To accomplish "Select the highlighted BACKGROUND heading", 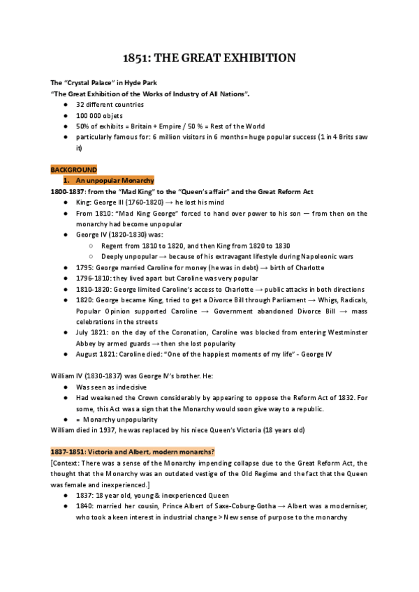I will [x=74, y=170].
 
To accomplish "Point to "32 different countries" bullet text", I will [x=110, y=104].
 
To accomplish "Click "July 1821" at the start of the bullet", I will [x=94, y=332].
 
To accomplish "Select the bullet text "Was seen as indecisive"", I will [x=113, y=386].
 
